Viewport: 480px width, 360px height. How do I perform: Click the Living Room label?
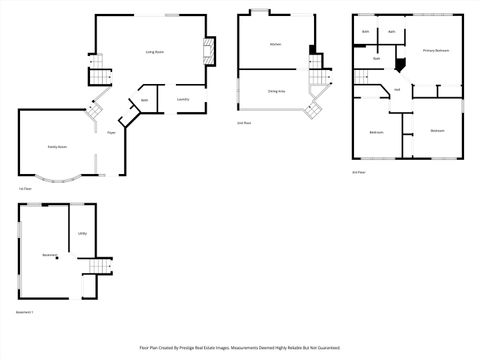coord(155,51)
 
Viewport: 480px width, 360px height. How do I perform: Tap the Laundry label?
coord(183,100)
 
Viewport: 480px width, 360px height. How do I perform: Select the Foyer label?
coord(111,131)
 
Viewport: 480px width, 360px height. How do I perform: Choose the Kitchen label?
coord(275,44)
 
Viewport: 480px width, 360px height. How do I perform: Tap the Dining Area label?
coord(277,91)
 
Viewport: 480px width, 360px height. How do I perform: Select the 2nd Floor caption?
coord(243,123)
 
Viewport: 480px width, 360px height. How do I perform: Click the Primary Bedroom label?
coord(435,50)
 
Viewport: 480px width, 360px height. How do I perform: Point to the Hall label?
coord(397,90)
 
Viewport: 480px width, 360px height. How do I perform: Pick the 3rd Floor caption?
coord(358,171)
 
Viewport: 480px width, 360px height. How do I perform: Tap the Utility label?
coord(82,234)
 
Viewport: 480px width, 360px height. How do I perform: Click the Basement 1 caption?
coord(25,313)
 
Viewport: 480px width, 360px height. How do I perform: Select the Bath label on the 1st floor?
coord(144,101)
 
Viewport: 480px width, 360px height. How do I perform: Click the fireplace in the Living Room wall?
coord(209,51)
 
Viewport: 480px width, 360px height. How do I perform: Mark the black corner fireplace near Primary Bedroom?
coord(400,64)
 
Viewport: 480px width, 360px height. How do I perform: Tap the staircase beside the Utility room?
coord(97,266)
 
